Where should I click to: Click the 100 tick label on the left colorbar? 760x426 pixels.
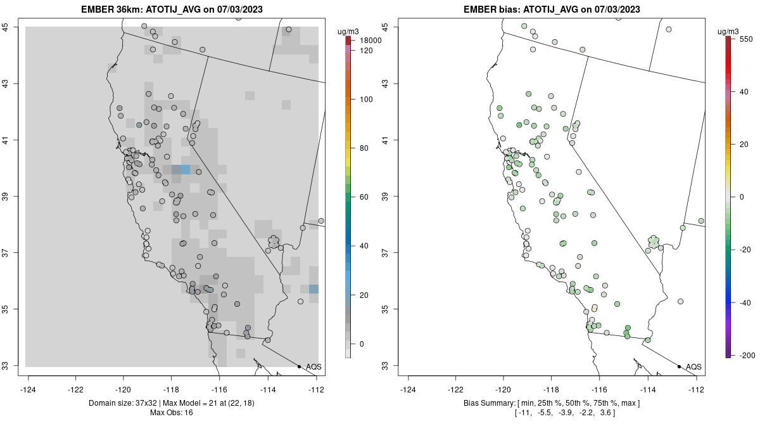(365, 100)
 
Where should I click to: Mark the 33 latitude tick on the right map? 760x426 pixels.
(388, 366)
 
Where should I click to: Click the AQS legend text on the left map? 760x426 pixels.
(313, 367)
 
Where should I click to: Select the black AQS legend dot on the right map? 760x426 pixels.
(678, 366)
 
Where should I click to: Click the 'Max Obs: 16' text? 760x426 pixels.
(172, 413)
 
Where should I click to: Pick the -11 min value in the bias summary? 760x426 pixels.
(525, 413)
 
